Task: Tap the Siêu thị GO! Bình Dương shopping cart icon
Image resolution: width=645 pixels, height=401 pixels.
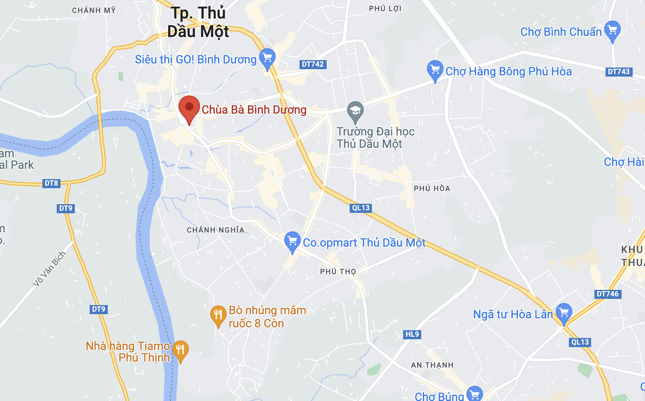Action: (267, 58)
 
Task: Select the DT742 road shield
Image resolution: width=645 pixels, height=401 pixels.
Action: (313, 64)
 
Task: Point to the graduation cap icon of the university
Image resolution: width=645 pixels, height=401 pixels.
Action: (355, 111)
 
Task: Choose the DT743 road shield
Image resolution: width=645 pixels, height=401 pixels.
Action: (619, 72)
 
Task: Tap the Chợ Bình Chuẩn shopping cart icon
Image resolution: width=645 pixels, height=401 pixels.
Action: (613, 30)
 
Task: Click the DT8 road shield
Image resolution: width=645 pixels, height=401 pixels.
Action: (51, 183)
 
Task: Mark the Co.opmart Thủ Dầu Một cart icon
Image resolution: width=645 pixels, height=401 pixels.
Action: (292, 241)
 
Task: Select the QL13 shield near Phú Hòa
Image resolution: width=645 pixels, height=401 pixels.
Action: (361, 208)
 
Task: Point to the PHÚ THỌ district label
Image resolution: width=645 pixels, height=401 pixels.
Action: (338, 272)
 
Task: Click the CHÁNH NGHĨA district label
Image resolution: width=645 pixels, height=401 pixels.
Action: (216, 230)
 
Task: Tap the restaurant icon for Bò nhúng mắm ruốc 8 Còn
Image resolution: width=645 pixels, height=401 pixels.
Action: (218, 315)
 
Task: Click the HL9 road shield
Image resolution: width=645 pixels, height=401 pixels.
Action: (412, 334)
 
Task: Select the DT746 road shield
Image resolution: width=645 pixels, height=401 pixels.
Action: (608, 294)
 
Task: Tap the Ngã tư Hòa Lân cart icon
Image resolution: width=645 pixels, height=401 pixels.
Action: (564, 313)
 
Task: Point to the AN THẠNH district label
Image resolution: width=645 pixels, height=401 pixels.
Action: (432, 365)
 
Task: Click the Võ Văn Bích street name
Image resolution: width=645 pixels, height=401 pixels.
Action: (49, 268)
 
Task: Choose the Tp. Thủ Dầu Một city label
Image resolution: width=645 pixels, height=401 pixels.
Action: (198, 22)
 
